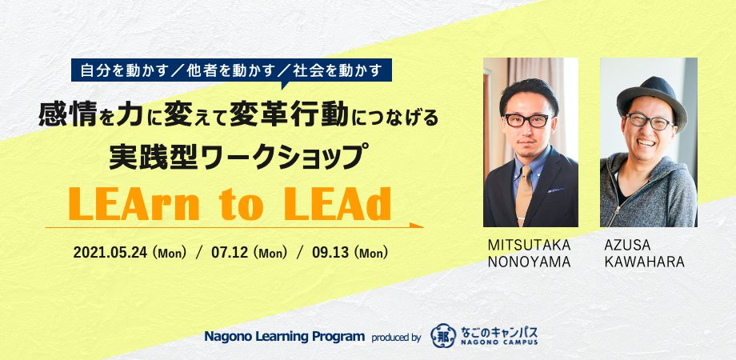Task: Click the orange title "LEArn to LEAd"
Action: click(x=230, y=204)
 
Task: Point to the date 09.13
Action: click(x=330, y=254)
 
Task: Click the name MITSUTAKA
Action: click(x=529, y=245)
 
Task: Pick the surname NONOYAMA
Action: click(x=529, y=262)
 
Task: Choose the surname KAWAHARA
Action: click(x=644, y=262)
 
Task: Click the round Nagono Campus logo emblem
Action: click(x=442, y=335)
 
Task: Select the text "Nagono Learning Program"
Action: click(x=285, y=337)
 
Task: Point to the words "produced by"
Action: click(x=396, y=338)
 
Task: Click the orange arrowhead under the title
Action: click(x=416, y=226)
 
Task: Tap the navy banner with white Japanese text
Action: click(x=231, y=71)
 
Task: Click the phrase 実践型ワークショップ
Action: click(x=237, y=158)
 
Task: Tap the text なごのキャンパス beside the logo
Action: click(x=498, y=332)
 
